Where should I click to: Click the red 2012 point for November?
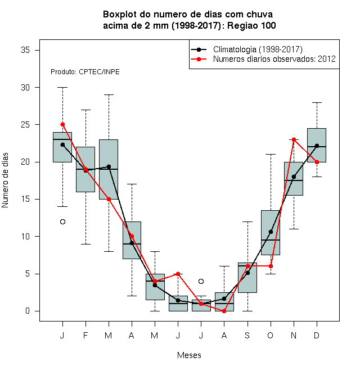294,139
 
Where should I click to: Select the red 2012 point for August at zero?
224,311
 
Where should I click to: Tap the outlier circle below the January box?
62,221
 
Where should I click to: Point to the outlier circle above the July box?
201,281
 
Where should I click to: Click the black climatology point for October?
271,232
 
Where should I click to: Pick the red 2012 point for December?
317,162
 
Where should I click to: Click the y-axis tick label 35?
25,50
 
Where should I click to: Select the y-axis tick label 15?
25,199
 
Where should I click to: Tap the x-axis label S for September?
247,335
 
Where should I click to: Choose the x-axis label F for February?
85,335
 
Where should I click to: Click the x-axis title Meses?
189,355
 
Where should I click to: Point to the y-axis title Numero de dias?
5,180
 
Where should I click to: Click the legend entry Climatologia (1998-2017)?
258,49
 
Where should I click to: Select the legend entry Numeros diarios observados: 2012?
274,59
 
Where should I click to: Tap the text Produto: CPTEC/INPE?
85,72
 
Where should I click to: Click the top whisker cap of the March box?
109,94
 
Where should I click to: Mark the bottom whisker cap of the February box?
85,244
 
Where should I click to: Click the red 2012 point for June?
178,274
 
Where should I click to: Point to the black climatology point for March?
109,167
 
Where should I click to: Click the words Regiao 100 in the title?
251,25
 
